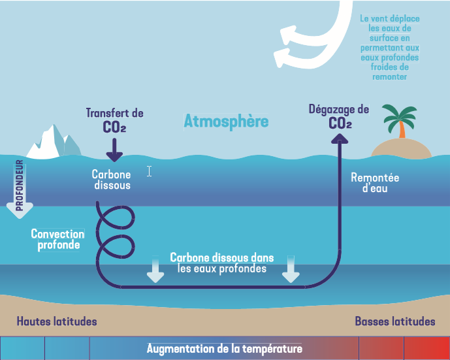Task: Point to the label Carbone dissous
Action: click(111, 180)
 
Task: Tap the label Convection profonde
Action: click(58, 239)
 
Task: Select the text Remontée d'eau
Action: click(375, 183)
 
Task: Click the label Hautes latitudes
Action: click(57, 321)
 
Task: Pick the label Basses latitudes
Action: click(395, 321)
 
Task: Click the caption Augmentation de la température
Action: click(225, 348)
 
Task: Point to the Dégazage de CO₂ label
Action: click(339, 116)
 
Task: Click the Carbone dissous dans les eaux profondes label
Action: click(222, 263)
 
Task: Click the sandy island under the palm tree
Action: click(402, 149)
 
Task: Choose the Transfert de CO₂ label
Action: click(114, 120)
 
